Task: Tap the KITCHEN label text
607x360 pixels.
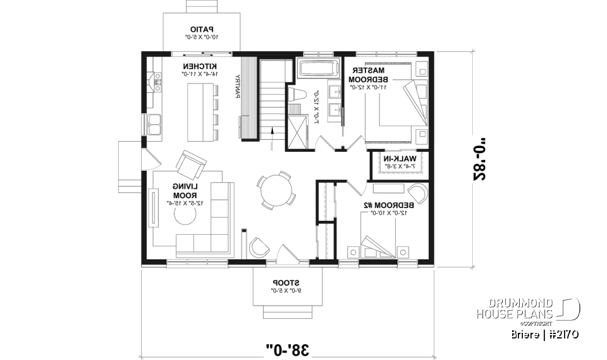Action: click(x=200, y=66)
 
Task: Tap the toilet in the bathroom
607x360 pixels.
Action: click(x=297, y=96)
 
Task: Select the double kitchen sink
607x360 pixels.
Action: click(x=154, y=125)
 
